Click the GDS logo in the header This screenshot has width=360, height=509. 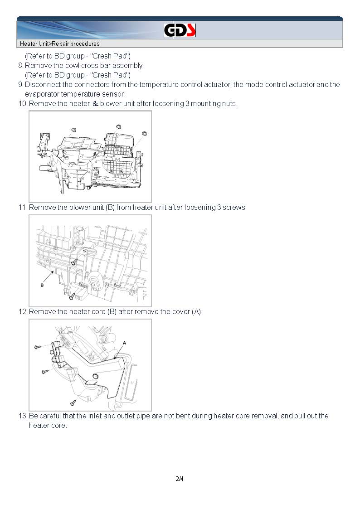coord(180,30)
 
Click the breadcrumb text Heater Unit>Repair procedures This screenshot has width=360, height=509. coord(59,44)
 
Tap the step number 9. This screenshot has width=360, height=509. coord(20,84)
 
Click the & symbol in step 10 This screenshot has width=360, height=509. coord(95,103)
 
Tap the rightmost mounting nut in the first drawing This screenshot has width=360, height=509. coord(145,133)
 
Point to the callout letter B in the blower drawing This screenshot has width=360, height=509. coord(42,285)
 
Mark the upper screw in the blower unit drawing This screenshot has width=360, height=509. coord(74,262)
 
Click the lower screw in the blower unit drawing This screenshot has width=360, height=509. coord(72,297)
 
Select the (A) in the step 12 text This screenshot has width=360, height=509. coord(196,311)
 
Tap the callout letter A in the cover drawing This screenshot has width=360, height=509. coord(124,343)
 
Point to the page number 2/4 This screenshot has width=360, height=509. coord(180,479)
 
